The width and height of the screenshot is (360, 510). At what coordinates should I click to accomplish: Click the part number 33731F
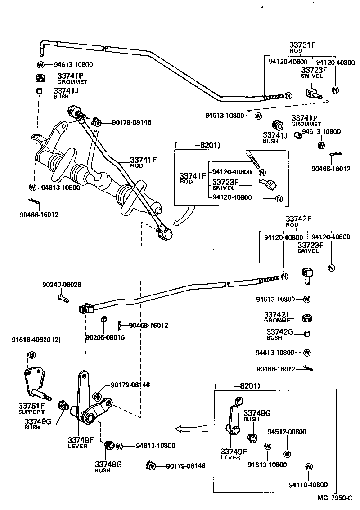(x=302, y=45)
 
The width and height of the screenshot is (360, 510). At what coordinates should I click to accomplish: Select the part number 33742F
(x=298, y=219)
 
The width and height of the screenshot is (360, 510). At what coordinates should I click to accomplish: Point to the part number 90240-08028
(x=62, y=285)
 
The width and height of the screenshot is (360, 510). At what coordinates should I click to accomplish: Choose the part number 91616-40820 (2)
(x=36, y=340)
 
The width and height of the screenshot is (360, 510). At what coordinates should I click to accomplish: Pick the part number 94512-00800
(x=287, y=432)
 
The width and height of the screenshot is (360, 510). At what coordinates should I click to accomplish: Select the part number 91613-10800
(x=267, y=465)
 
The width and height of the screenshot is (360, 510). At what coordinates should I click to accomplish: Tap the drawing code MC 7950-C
(x=334, y=498)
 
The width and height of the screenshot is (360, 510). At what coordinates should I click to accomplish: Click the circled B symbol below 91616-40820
(x=31, y=355)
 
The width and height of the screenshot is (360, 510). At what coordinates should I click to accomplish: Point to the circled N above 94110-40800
(x=309, y=467)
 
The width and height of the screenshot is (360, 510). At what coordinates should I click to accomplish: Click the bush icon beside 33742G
(x=307, y=334)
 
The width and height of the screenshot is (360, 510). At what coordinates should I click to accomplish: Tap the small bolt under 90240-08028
(x=62, y=297)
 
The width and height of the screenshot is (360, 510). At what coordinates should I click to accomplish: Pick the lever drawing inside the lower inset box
(x=235, y=416)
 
